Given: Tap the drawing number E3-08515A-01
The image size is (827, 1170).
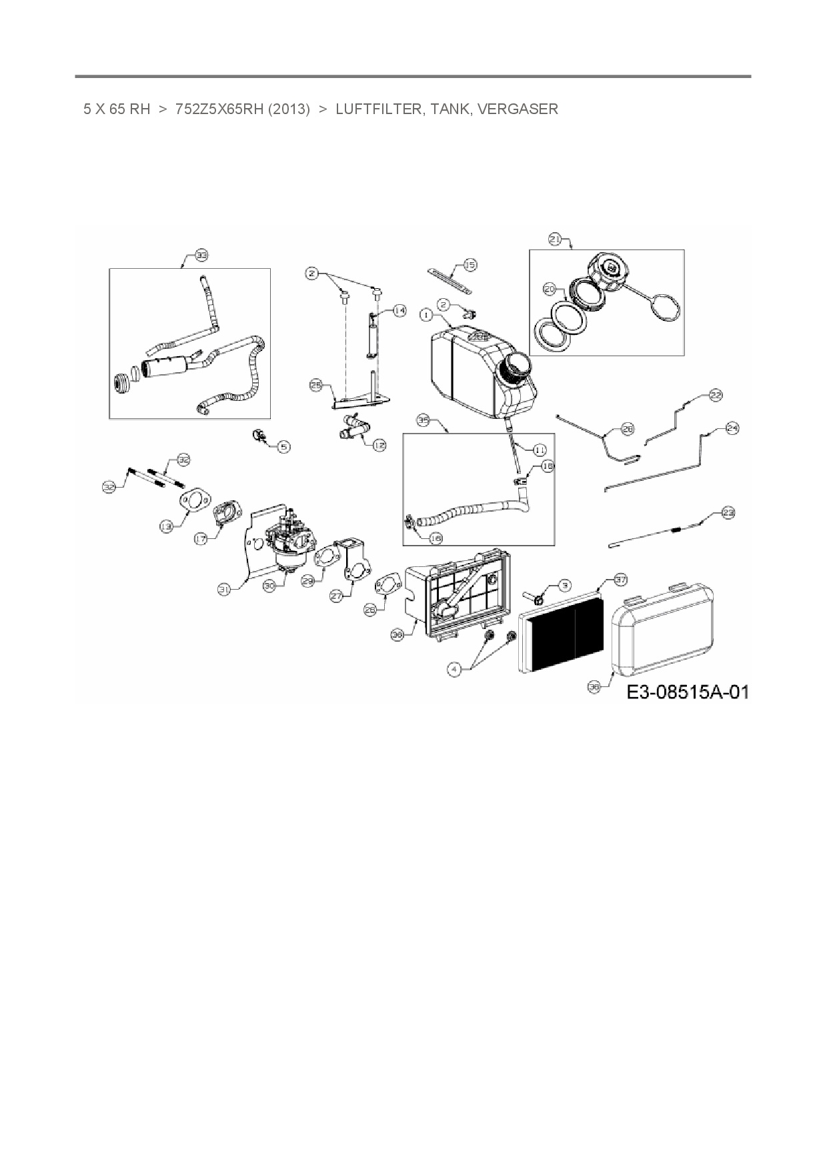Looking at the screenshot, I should point(687,692).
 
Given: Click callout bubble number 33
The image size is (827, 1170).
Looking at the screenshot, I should point(201,255).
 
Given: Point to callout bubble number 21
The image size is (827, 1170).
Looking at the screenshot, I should point(555,238).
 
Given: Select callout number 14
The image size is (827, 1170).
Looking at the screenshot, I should point(399,310).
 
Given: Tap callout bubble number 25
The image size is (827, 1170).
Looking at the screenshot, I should point(316,385).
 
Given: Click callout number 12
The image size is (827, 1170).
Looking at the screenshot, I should point(379,445).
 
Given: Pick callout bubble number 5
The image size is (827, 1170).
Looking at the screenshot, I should point(284,446).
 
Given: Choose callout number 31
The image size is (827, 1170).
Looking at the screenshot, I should point(225,588).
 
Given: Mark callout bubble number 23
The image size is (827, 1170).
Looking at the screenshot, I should point(728,513).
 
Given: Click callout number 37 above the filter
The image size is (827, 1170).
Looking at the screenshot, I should point(620,580).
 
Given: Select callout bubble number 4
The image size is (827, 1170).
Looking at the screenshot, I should point(454,670).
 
